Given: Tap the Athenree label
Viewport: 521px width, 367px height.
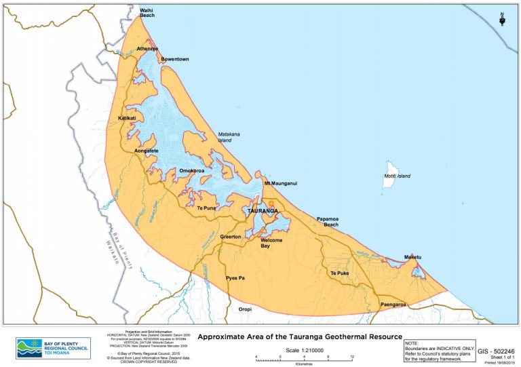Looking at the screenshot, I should tap(147, 49).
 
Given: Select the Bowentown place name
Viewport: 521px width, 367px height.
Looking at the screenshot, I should tap(174, 60).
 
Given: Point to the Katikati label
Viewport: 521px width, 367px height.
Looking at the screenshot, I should tap(127, 118).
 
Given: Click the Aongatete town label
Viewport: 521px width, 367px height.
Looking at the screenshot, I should tap(147, 150).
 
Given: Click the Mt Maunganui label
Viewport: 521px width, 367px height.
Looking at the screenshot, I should tap(280, 184).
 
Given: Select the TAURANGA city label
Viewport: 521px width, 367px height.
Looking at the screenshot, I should tap(261, 211).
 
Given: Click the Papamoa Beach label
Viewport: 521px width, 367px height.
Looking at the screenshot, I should tap(331, 222).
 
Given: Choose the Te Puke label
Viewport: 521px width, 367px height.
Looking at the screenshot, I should tap(339, 273).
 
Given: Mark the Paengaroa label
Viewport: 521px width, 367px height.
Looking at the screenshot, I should tap(393, 305).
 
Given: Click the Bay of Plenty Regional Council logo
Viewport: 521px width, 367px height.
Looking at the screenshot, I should tap(54, 347).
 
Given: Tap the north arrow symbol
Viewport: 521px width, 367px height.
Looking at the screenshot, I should tap(503, 18).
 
